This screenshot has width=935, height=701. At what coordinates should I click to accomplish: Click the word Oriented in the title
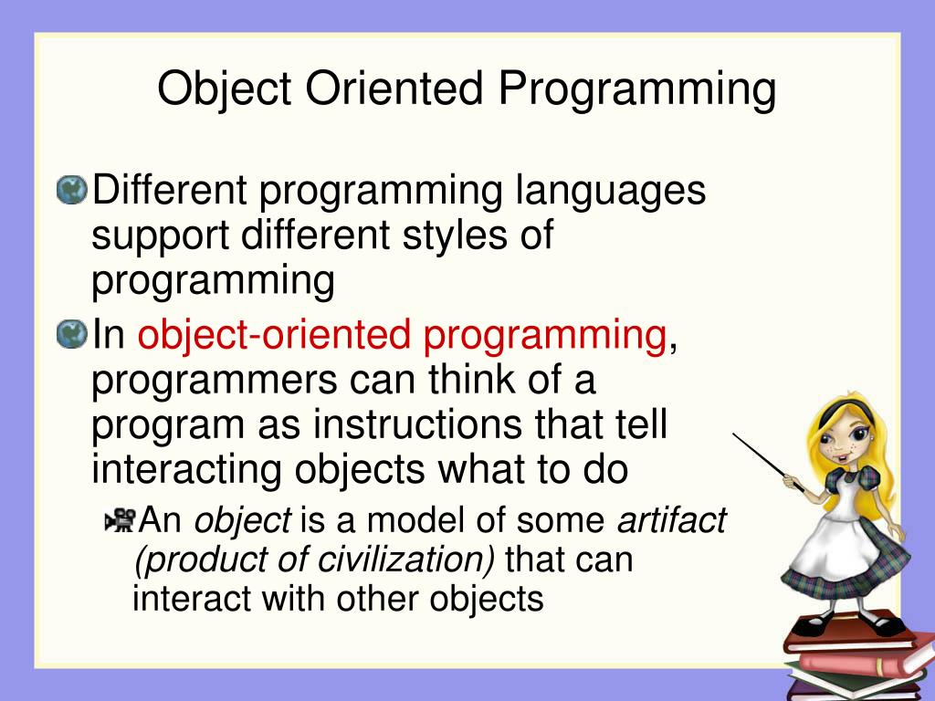tap(394, 89)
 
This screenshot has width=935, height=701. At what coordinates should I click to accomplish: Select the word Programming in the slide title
tap(637, 90)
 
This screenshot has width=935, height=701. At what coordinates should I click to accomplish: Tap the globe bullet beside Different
tap(71, 190)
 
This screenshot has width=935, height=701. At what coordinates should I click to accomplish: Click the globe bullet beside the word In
tap(71, 334)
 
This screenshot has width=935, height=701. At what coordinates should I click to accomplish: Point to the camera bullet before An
tap(121, 519)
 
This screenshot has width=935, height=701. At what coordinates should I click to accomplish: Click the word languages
tap(611, 192)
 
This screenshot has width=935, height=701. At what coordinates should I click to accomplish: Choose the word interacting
tap(186, 471)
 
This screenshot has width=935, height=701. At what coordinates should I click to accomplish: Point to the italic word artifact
tap(671, 518)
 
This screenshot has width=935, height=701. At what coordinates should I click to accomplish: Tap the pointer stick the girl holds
tap(768, 463)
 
